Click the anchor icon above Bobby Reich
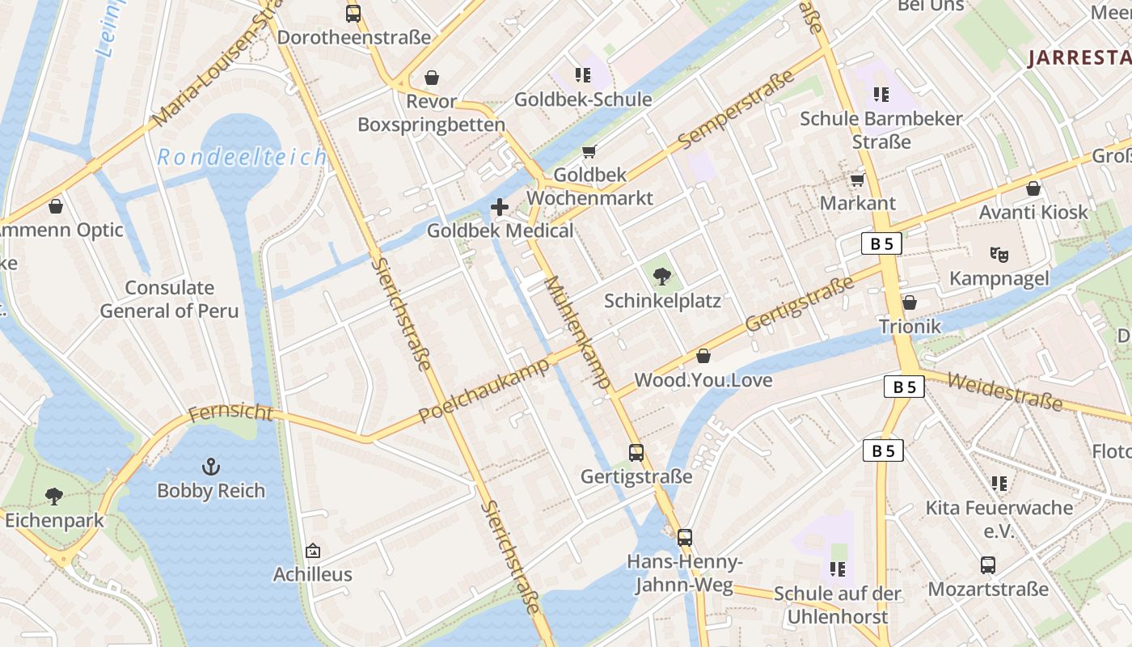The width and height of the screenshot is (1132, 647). tap(210, 467)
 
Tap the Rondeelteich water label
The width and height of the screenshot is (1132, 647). tap(242, 157)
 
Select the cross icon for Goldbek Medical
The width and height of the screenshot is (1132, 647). tap(500, 207)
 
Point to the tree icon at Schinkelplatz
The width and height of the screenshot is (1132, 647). tap(662, 277)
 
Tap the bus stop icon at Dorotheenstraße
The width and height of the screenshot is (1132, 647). tap(353, 14)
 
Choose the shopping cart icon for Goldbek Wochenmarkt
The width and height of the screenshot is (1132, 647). tap(589, 152)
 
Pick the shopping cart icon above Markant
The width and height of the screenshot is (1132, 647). tap(857, 180)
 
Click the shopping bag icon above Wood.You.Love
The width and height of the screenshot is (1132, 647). tap(703, 356)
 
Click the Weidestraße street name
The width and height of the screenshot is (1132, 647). tap(1004, 391)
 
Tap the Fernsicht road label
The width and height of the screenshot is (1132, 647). tap(231, 413)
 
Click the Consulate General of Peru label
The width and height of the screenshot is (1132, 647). tap(169, 299)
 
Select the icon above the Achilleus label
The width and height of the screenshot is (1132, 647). tap(313, 552)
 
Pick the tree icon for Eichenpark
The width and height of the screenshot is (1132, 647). tap(54, 496)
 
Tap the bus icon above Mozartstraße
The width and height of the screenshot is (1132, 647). tap(987, 565)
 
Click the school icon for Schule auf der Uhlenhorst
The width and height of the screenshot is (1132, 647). tap(838, 569)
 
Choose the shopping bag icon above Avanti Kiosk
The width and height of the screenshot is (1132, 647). tap(1033, 188)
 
